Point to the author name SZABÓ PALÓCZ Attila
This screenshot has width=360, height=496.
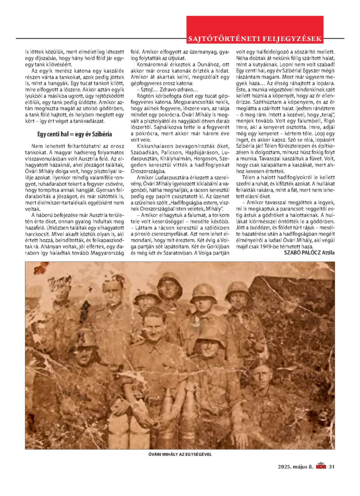coord(310,253)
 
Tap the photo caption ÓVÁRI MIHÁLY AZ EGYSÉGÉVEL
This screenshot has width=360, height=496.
coord(180,455)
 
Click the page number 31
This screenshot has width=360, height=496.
coord(332,466)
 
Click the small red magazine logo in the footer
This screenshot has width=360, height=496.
coord(321,466)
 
